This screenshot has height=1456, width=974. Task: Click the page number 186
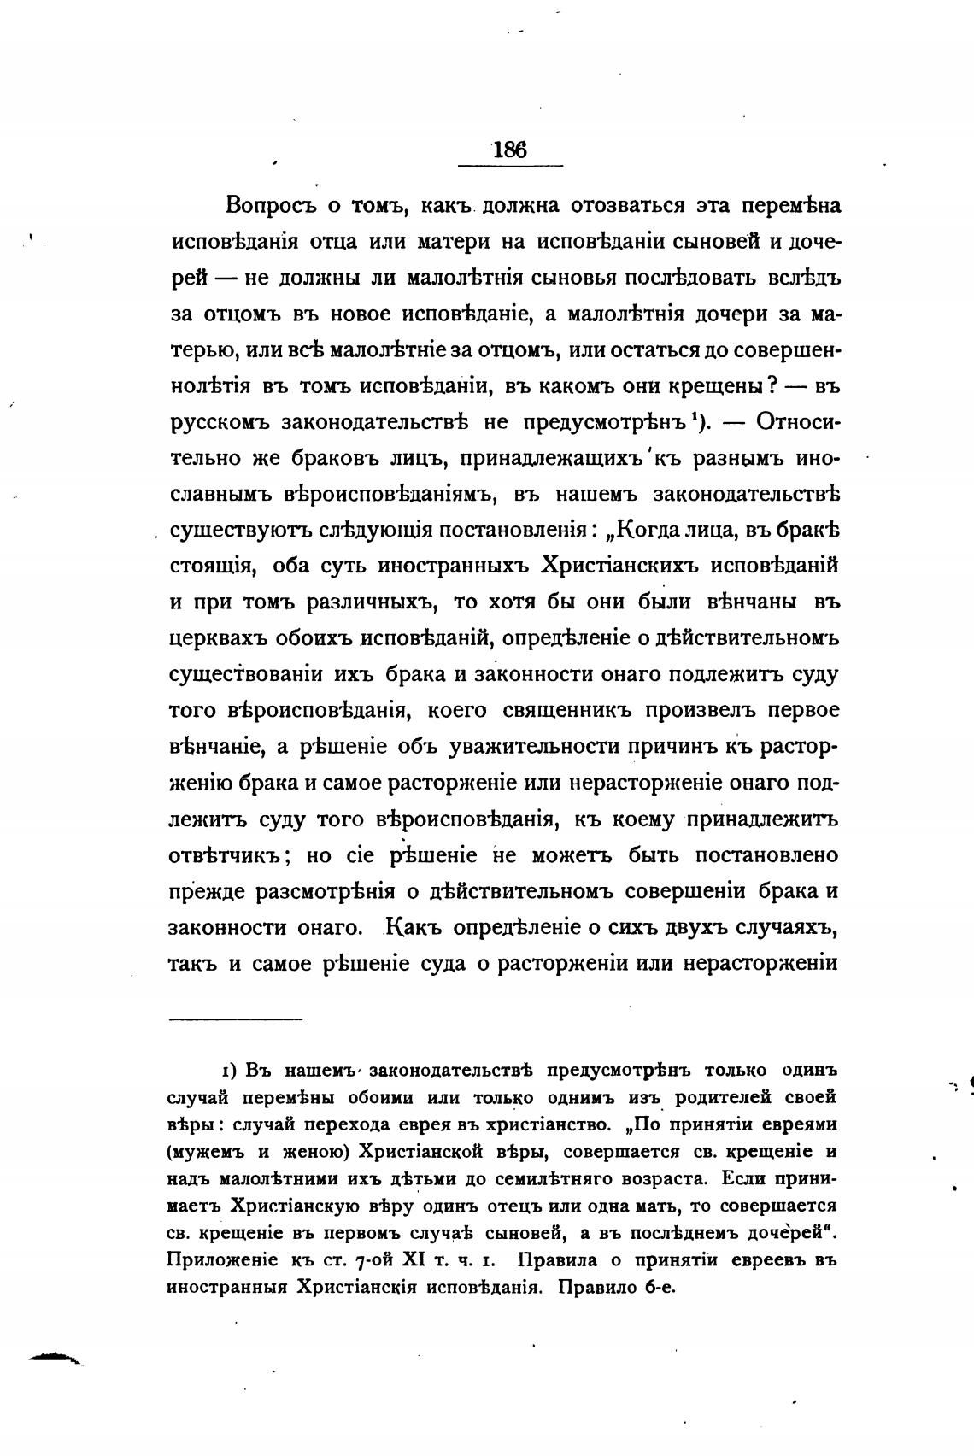510,150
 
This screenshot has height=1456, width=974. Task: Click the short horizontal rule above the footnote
237,1019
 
